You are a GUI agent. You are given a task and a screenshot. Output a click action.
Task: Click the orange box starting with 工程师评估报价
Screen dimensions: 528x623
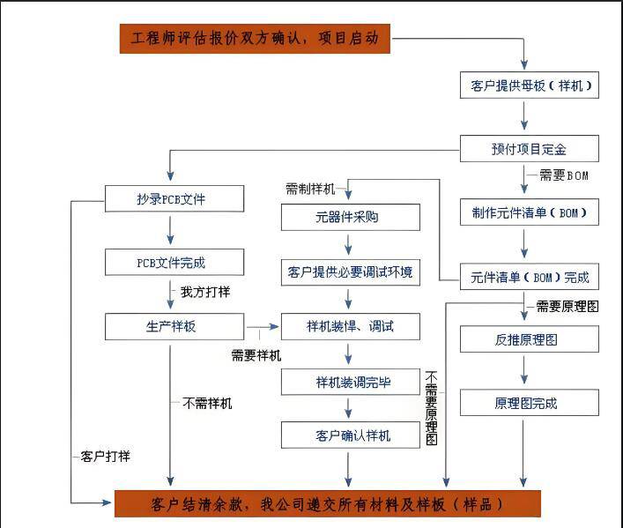pos(255,39)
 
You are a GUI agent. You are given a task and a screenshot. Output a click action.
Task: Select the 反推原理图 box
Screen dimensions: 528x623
pos(529,339)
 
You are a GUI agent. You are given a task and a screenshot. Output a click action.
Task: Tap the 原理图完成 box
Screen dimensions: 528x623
pos(529,403)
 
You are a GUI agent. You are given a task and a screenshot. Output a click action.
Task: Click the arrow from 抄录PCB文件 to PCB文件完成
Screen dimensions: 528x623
pos(171,231)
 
